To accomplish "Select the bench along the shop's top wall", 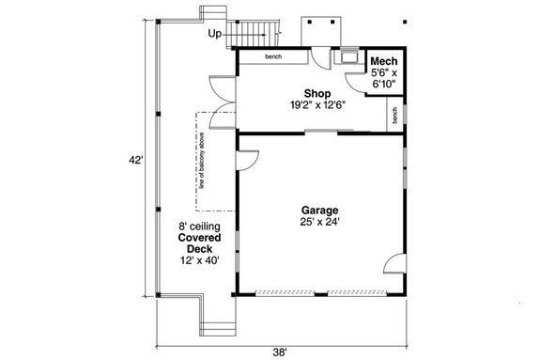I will [x=272, y=57].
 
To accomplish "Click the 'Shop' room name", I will [x=316, y=93].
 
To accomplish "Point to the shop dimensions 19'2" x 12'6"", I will [x=316, y=105].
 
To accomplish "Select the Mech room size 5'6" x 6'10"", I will [x=383, y=77].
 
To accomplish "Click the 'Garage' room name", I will [x=319, y=210].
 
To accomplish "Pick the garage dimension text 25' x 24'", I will [x=319, y=223].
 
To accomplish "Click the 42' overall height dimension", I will [x=137, y=161].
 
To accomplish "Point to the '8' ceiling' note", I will [x=199, y=226].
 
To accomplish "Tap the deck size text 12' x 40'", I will [x=199, y=260].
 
